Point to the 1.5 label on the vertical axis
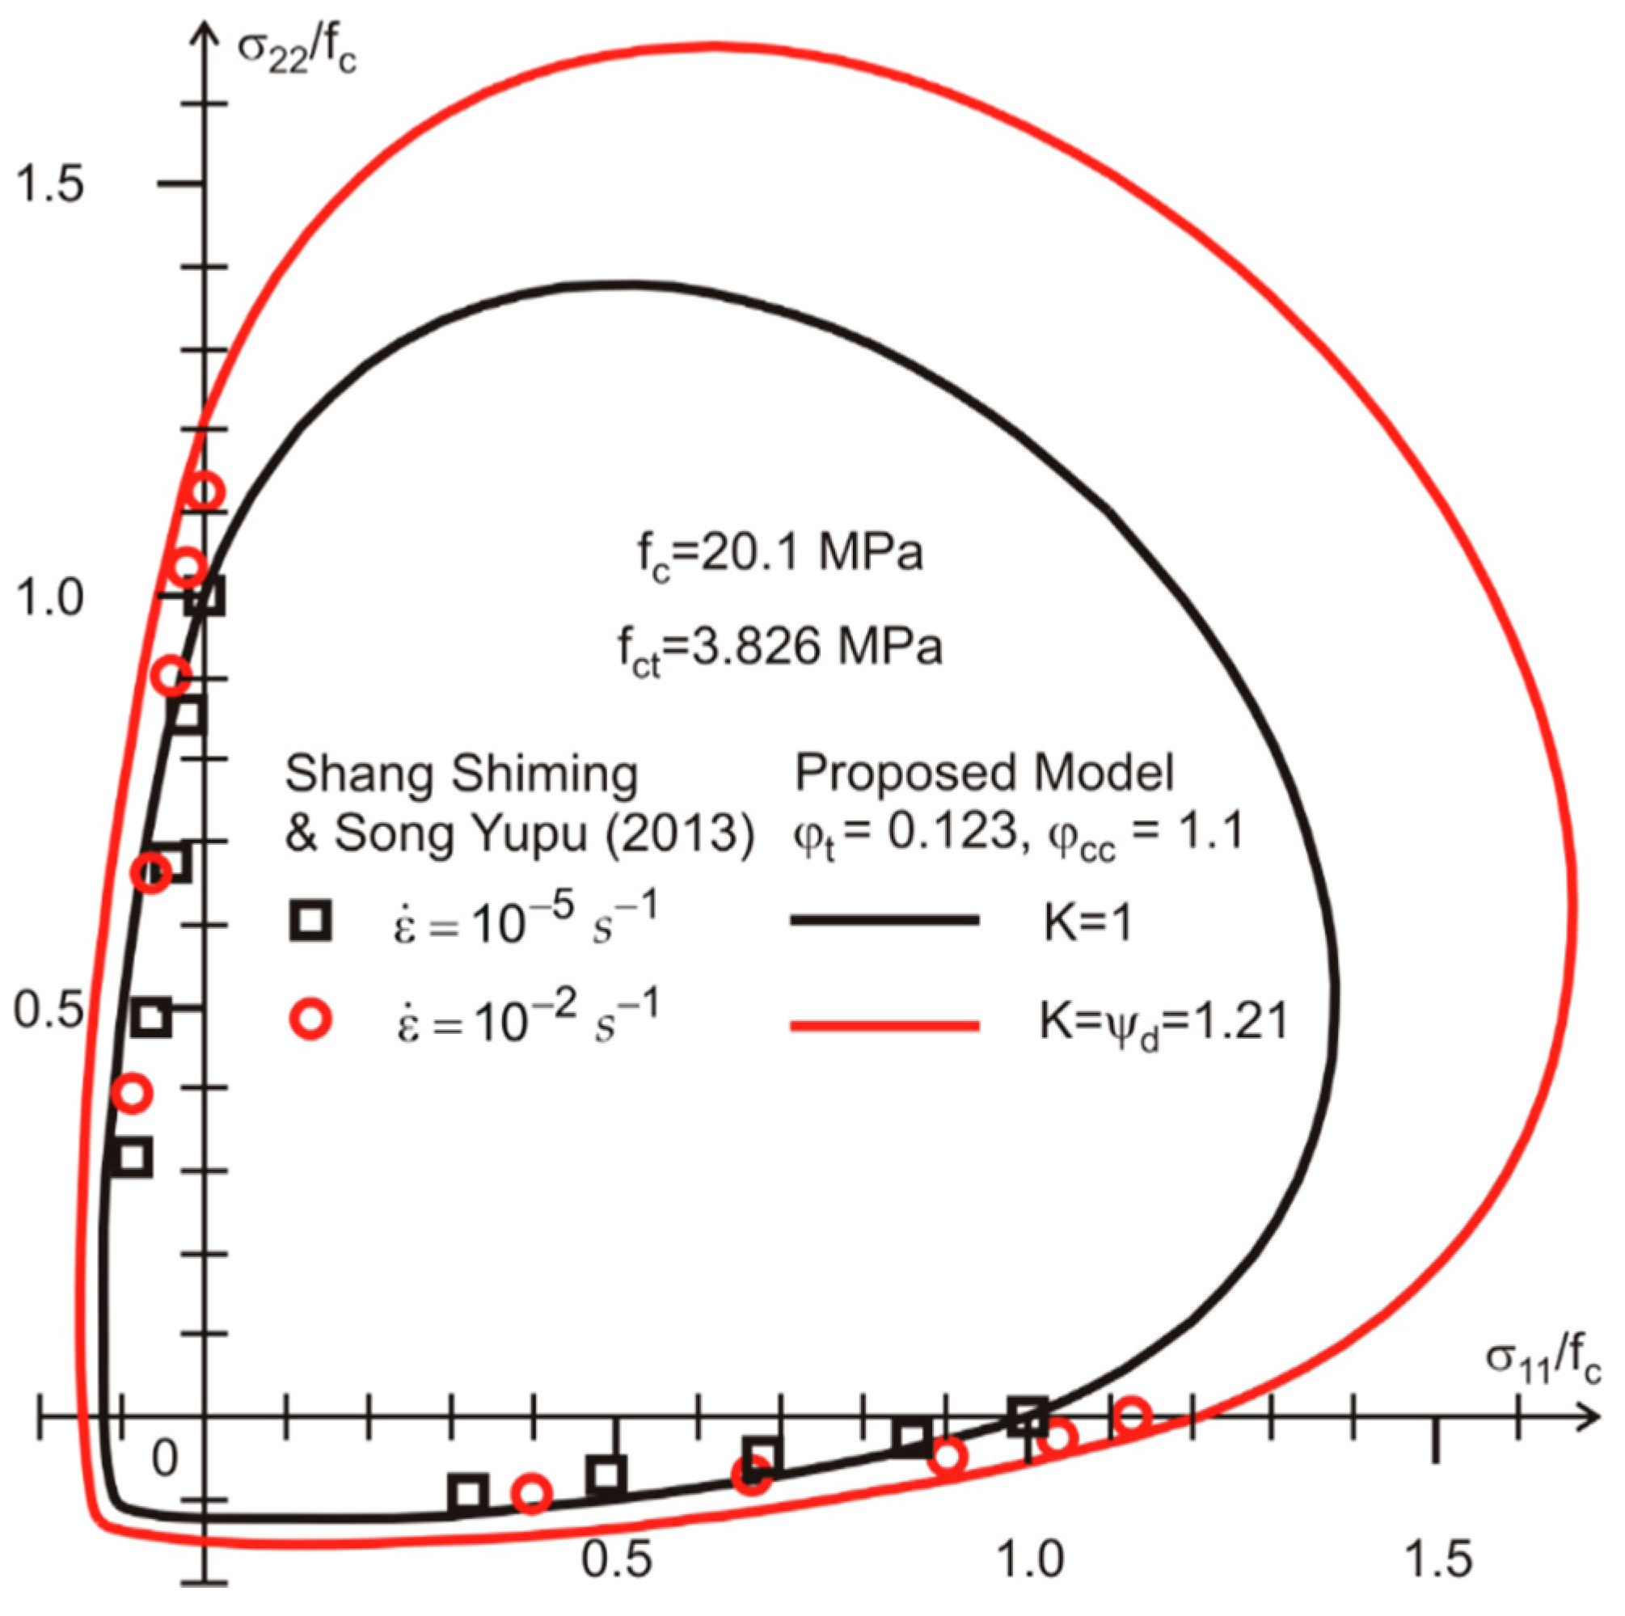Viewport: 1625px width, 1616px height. (x=50, y=184)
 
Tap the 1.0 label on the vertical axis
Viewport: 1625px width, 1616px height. (x=50, y=598)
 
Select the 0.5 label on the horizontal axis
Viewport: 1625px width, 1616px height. (x=617, y=1558)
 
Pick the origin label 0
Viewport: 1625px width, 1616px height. (x=165, y=1458)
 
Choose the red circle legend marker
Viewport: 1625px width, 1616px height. (x=310, y=1019)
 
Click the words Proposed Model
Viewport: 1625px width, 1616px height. (x=984, y=771)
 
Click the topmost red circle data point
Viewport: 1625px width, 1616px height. (x=205, y=492)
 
